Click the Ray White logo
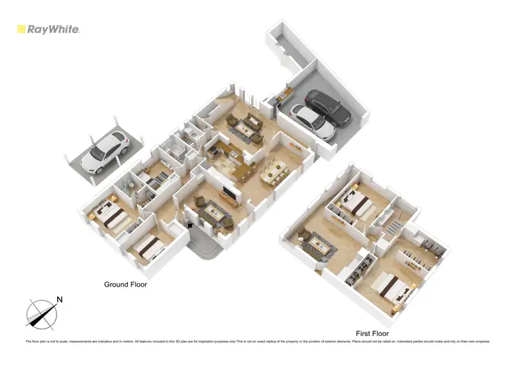48,30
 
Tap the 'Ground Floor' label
125,284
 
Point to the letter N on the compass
60,300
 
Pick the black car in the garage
327,107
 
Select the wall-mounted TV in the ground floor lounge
228,195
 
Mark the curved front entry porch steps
204,244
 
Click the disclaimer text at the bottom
257,342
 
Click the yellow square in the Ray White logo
21,30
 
